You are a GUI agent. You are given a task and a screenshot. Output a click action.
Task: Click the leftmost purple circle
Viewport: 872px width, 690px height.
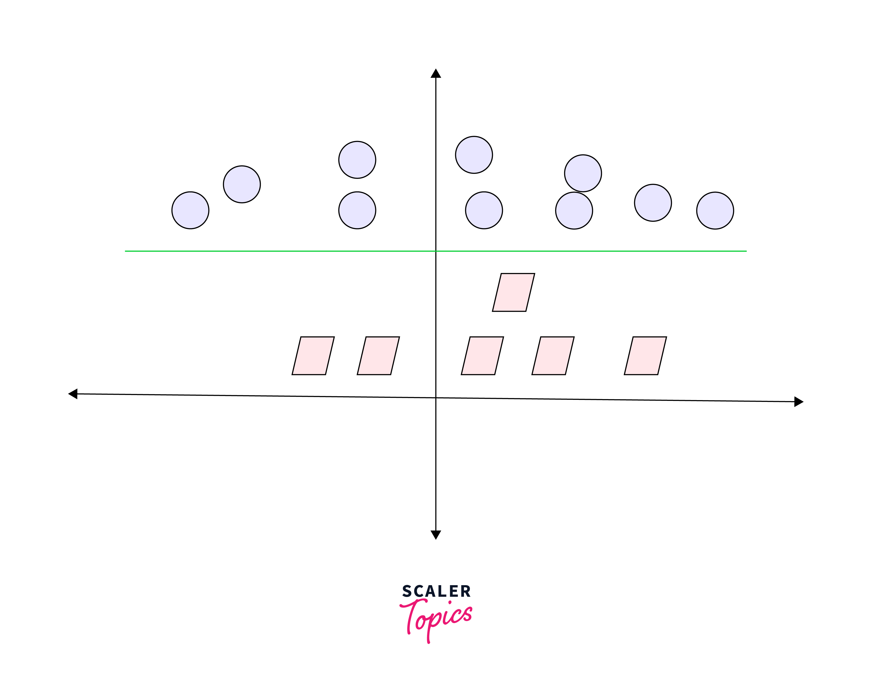click(190, 210)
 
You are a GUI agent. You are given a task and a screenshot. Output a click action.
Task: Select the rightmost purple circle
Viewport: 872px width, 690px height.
click(715, 210)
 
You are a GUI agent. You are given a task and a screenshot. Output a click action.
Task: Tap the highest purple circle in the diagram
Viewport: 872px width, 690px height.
click(474, 155)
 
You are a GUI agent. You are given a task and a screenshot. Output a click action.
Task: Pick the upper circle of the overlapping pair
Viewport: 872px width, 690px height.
click(583, 173)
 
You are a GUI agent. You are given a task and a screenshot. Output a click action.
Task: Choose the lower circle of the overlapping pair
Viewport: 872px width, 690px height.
click(574, 211)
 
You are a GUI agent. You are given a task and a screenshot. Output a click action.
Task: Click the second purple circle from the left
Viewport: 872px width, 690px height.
click(241, 184)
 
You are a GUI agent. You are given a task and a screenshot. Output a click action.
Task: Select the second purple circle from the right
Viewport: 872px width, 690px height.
click(653, 202)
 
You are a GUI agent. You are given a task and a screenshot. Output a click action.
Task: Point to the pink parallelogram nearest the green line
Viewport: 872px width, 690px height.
click(513, 292)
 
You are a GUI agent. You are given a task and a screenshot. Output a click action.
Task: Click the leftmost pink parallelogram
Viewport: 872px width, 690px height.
click(313, 356)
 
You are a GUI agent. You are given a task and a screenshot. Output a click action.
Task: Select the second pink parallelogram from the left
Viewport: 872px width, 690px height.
click(378, 356)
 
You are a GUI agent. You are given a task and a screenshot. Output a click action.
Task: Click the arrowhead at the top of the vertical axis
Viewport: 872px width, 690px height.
click(436, 74)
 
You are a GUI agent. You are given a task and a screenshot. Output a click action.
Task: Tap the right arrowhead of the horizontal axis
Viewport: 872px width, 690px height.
click(798, 402)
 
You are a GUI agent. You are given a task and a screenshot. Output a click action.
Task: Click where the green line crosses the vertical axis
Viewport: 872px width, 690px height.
click(436, 251)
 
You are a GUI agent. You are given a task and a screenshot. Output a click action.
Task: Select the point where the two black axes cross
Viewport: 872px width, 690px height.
click(436, 398)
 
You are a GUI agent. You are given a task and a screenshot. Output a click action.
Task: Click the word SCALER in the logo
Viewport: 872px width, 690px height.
click(436, 591)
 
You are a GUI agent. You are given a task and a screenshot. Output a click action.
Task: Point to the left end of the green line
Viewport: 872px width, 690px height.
click(126, 251)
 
